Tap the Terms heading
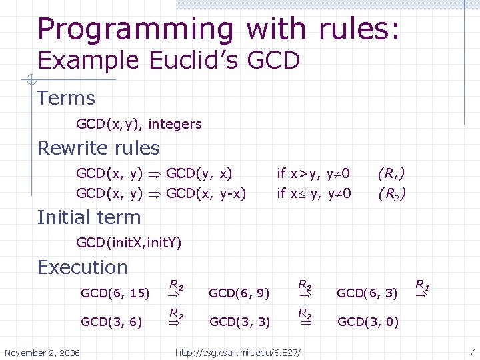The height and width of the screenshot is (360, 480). (x=66, y=98)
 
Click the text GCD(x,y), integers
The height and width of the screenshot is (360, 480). (x=139, y=124)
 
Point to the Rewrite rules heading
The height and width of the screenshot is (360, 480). (x=99, y=147)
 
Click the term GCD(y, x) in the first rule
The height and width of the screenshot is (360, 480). (x=199, y=173)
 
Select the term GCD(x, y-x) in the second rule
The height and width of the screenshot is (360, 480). (x=206, y=193)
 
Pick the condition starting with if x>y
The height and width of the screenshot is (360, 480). (x=313, y=173)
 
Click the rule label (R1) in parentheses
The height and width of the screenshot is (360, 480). (x=391, y=174)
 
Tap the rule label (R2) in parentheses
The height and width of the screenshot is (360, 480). (x=391, y=194)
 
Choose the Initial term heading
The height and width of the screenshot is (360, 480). (x=89, y=217)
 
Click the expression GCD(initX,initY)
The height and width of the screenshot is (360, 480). (x=129, y=242)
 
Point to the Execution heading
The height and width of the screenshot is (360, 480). (x=82, y=267)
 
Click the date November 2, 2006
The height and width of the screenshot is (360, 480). (x=42, y=352)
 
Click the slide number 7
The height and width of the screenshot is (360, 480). (x=471, y=351)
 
